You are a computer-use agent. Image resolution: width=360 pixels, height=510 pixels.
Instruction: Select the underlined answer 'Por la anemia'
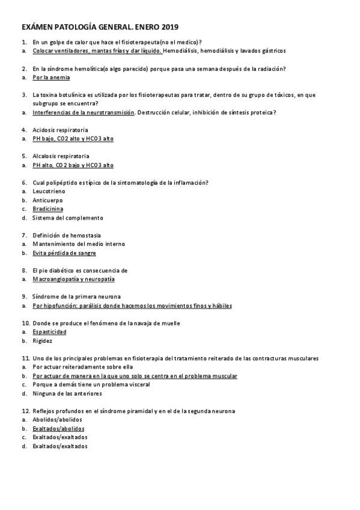point(51,78)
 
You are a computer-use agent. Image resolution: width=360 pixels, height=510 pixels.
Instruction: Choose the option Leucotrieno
point(49,191)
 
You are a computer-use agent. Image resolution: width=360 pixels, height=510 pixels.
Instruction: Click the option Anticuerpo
point(47,200)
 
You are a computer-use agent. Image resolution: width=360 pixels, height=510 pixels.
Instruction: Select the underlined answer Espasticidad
point(49,332)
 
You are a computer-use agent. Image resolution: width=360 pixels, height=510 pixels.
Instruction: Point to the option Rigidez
point(43,341)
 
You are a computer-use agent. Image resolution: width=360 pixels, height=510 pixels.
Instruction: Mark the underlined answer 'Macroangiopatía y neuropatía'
point(73,279)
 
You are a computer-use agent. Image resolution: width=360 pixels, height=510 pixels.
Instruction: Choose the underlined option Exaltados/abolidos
point(58,429)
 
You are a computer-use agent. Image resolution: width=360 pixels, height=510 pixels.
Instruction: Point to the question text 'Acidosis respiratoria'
point(60,130)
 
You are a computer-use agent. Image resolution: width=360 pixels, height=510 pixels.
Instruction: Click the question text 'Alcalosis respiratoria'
point(61,156)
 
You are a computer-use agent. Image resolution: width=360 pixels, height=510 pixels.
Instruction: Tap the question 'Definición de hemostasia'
point(67,235)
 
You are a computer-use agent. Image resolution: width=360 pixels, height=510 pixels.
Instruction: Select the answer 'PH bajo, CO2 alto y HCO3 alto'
point(73,139)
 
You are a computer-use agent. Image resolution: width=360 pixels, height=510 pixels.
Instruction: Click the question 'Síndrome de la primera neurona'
point(76,296)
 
